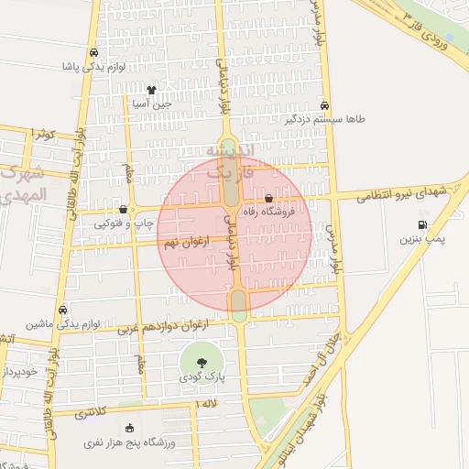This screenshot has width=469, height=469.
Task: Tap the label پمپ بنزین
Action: click(420, 239)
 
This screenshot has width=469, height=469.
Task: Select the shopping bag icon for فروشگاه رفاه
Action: click(268, 198)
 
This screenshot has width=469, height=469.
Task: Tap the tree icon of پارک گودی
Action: click(202, 362)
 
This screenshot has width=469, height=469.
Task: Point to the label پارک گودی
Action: click(202, 376)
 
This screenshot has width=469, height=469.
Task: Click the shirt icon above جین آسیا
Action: click(151, 90)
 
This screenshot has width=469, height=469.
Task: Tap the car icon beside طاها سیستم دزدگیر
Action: click(327, 104)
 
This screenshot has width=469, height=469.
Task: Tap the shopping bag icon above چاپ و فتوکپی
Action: click(123, 209)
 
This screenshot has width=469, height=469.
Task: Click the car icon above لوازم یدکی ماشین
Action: click(62, 310)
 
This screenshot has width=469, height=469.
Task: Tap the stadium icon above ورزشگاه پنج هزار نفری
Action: click(128, 427)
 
